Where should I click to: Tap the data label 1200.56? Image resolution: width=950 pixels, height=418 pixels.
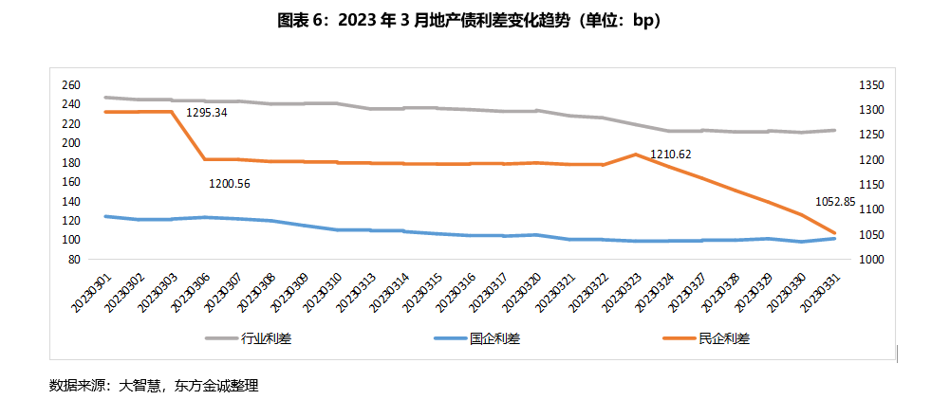click(230, 183)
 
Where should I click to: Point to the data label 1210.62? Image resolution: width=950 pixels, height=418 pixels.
click(671, 154)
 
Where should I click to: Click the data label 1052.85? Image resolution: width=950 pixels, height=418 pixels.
click(835, 201)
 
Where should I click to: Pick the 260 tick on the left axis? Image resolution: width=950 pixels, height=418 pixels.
click(70, 84)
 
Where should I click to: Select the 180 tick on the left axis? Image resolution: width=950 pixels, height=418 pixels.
click(70, 162)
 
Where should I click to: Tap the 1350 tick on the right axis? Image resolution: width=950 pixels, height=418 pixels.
click(871, 84)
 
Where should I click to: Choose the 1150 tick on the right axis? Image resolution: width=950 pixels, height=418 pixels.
click(871, 184)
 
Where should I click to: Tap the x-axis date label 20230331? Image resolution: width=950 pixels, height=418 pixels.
click(821, 289)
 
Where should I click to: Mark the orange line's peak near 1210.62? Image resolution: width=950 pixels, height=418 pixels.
click(635, 154)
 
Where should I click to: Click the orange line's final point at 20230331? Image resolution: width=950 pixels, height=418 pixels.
click(835, 233)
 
